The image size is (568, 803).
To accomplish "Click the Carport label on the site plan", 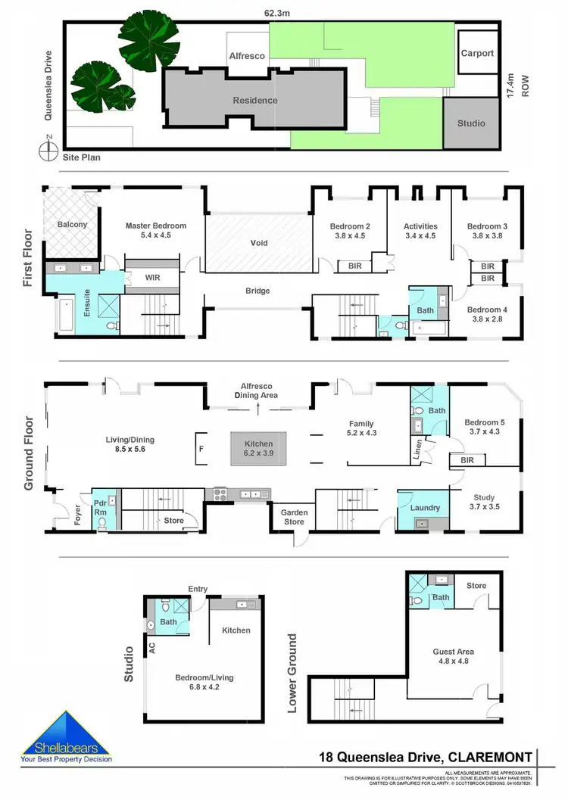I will click(477, 54).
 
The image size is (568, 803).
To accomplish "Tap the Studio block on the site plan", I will click(471, 123).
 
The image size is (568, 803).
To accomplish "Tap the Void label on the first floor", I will click(259, 243).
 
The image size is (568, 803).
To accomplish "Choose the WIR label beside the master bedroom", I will click(152, 278).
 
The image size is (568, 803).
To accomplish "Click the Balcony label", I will click(73, 225).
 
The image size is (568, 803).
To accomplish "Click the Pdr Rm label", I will click(100, 507).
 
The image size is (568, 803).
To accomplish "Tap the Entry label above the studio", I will click(198, 590).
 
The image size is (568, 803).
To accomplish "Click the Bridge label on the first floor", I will click(257, 291).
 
